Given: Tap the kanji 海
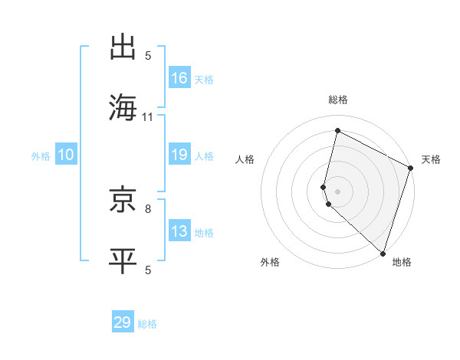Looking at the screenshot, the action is pyautogui.click(x=125, y=107).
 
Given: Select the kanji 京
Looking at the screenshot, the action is pyautogui.click(x=125, y=201).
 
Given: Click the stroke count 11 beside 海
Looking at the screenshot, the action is pyautogui.click(x=148, y=117).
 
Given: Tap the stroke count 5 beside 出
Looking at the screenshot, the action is pyautogui.click(x=148, y=56).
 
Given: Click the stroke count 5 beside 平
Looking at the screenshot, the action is pyautogui.click(x=148, y=270).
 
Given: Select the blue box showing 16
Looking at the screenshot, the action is pyautogui.click(x=179, y=78).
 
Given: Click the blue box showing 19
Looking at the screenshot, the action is pyautogui.click(x=179, y=155).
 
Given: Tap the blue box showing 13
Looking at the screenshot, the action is pyautogui.click(x=179, y=231).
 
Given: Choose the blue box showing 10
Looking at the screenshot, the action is pyautogui.click(x=65, y=155).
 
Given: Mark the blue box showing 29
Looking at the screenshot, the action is pyautogui.click(x=123, y=322).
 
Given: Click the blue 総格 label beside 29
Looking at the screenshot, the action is pyautogui.click(x=148, y=324).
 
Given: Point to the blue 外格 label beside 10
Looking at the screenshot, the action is pyautogui.click(x=41, y=156).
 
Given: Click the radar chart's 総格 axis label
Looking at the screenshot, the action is pyautogui.click(x=337, y=100).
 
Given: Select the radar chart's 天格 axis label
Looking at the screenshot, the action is pyautogui.click(x=431, y=159).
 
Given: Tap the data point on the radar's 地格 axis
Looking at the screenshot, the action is pyautogui.click(x=383, y=253).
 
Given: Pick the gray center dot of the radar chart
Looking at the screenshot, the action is pyautogui.click(x=337, y=191).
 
